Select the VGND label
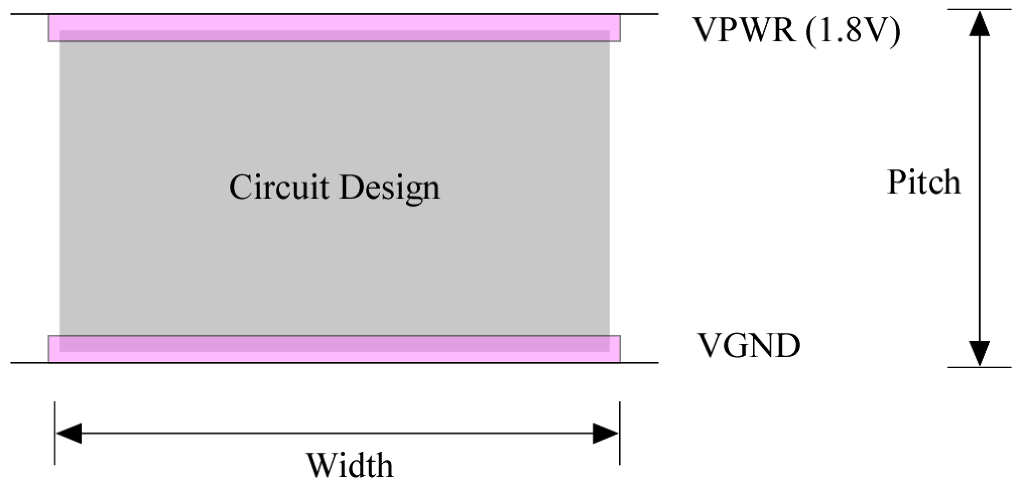[748, 345]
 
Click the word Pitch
[923, 182]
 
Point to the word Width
[350, 465]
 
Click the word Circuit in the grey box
[279, 187]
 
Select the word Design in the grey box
[389, 188]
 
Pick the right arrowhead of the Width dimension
[605, 434]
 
